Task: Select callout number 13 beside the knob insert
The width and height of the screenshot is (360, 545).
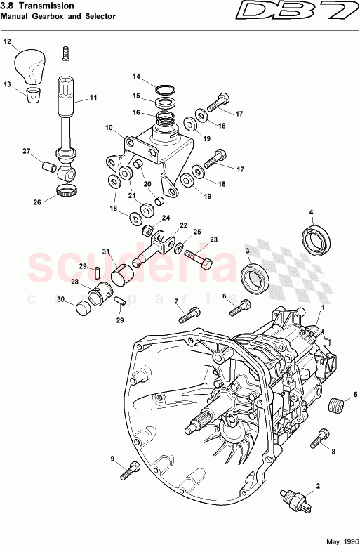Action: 8,85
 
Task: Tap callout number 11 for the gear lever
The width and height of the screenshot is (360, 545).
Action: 93,97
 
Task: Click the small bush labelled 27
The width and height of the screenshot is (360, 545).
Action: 48,169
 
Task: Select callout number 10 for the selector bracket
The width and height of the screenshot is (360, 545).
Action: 109,128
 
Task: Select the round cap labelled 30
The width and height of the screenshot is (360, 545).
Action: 84,307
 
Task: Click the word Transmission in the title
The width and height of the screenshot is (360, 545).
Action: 45,5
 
